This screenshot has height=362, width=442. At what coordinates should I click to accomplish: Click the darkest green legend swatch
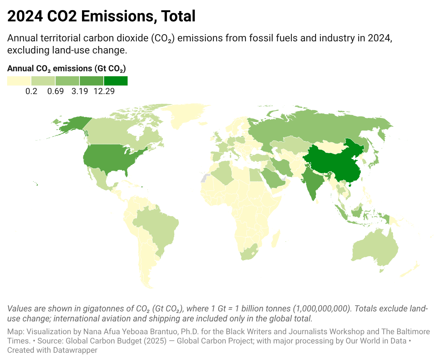point(116,81)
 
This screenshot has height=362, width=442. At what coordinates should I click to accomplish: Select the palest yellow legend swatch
point(19,81)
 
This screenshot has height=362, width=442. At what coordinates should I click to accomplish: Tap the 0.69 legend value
point(56,91)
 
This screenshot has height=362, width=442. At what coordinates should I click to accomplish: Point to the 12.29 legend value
point(104,91)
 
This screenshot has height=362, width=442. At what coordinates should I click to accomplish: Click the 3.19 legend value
point(80,91)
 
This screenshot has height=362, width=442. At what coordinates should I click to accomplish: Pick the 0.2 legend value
point(31,91)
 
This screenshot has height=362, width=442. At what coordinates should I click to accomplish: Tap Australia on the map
point(374,249)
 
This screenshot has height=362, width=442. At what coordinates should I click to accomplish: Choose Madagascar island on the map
point(276,239)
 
